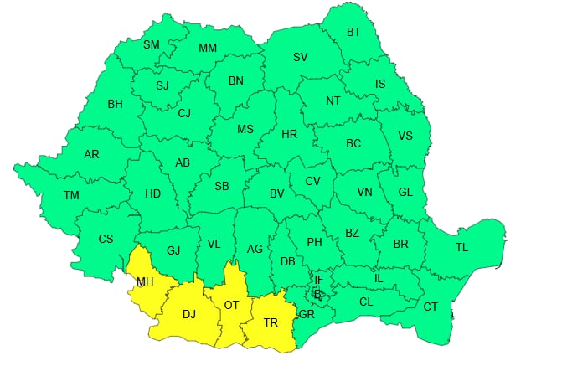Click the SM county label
(151, 44)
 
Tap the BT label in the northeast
(354, 33)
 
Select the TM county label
(71, 195)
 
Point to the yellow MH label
(145, 281)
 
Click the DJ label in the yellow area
(188, 314)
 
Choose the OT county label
(231, 306)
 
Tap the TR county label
(271, 322)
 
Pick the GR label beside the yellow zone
(307, 315)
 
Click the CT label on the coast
(430, 307)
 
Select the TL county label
(461, 247)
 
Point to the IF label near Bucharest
(318, 280)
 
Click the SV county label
(300, 57)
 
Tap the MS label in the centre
(245, 129)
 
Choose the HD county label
(152, 193)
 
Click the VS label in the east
(405, 137)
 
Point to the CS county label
(106, 239)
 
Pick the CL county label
(365, 302)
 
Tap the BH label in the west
(115, 105)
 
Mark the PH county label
(314, 242)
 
